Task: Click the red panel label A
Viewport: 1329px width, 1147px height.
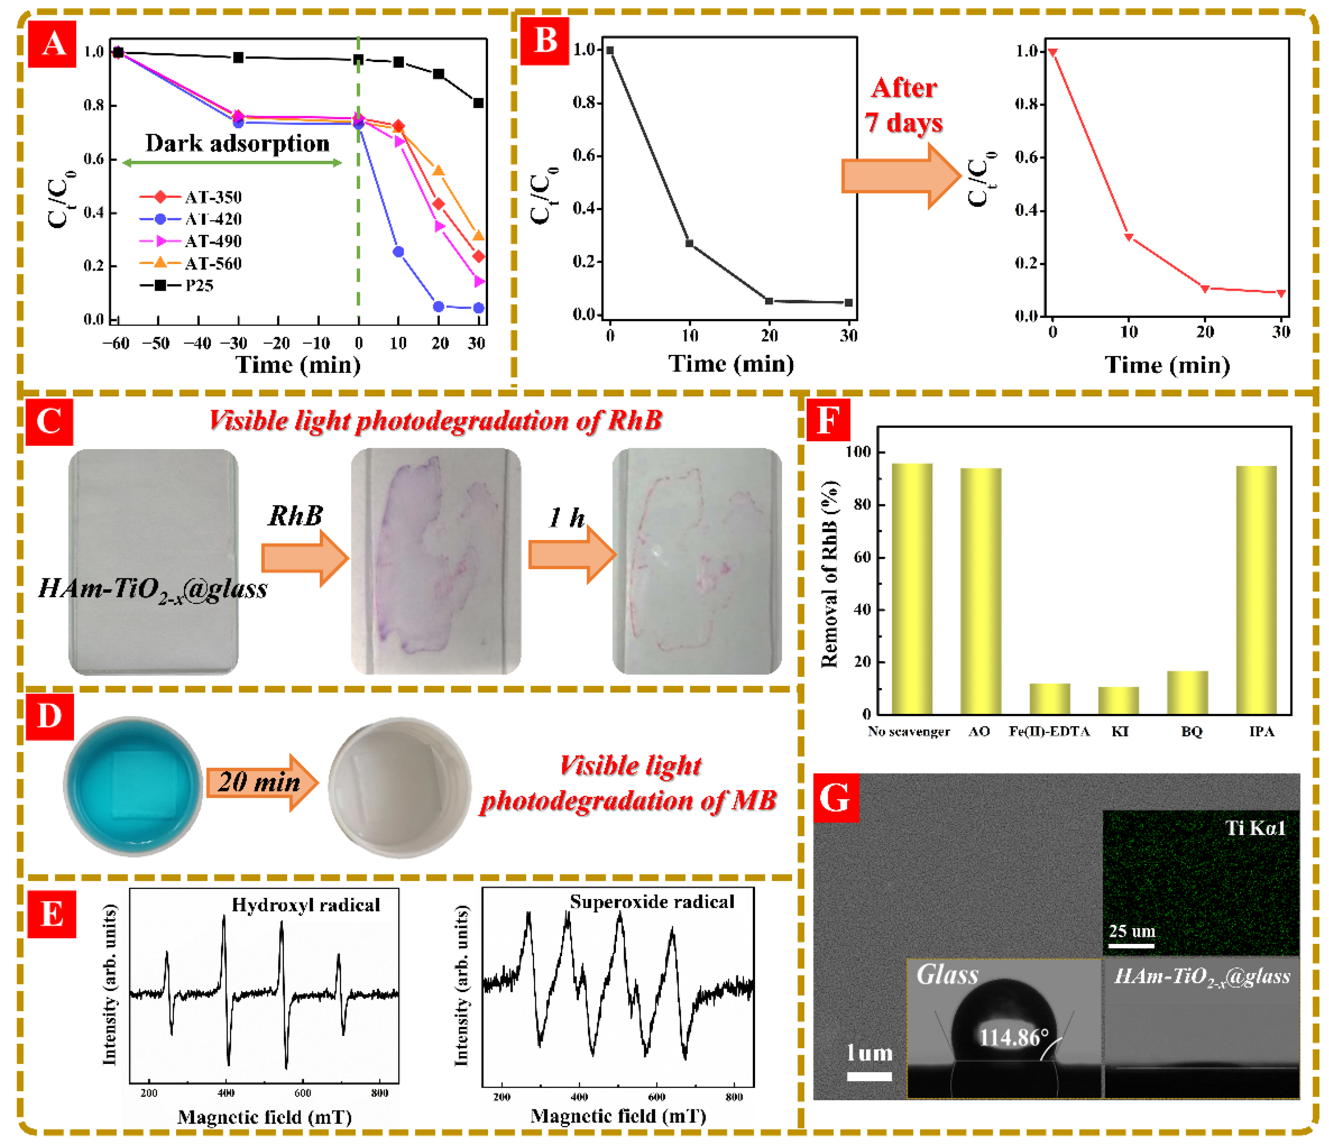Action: click(53, 44)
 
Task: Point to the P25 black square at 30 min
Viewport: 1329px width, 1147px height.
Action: click(478, 102)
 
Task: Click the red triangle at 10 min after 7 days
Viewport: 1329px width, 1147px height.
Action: click(1129, 237)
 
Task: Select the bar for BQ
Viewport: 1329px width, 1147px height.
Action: click(1187, 693)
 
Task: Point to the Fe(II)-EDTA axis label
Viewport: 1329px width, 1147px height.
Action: click(1049, 732)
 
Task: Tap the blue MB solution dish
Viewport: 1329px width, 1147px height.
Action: click(133, 787)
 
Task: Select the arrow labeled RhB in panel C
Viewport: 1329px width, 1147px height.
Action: click(304, 558)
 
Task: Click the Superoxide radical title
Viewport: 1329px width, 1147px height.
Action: click(652, 901)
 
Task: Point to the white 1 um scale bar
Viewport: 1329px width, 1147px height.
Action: click(869, 1077)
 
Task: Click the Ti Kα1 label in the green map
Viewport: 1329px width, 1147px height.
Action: click(1255, 828)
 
